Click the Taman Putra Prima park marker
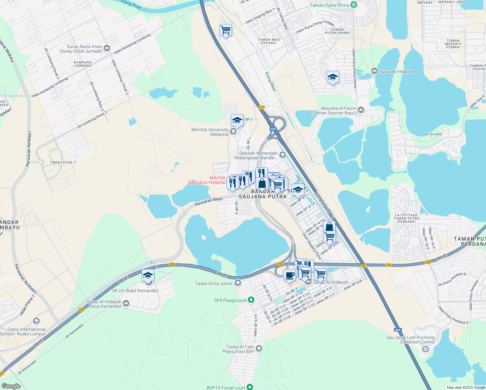(x=354, y=5)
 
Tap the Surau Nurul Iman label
(x=81, y=49)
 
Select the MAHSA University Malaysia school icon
(x=233, y=132)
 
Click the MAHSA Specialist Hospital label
(x=207, y=180)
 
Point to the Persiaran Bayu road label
(x=209, y=201)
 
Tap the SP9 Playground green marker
(x=251, y=300)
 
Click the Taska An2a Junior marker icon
(x=238, y=283)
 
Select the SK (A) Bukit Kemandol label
(x=135, y=291)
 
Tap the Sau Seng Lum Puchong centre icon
(x=425, y=349)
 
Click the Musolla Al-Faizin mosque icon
(x=361, y=110)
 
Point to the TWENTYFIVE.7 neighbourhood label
(x=63, y=162)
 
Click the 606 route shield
(x=262, y=107)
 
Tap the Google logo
(x=11, y=386)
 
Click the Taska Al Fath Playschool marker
(x=259, y=349)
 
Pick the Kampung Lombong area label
(x=83, y=64)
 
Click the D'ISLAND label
(x=434, y=134)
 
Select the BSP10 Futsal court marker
(x=249, y=387)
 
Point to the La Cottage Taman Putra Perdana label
(x=406, y=218)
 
